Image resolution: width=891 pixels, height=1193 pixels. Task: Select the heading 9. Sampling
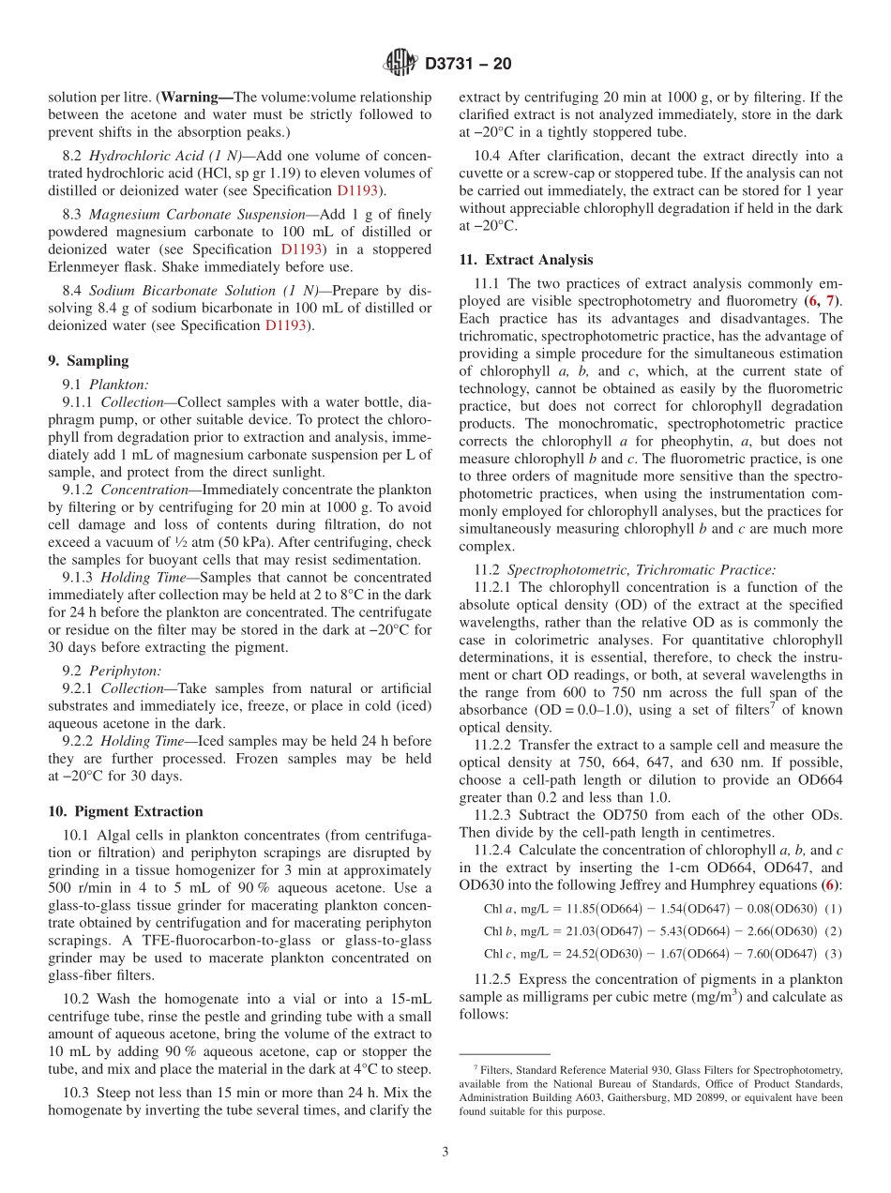(x=87, y=361)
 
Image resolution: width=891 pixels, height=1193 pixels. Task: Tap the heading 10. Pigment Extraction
(x=125, y=811)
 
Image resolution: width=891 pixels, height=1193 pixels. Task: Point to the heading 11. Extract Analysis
(x=525, y=260)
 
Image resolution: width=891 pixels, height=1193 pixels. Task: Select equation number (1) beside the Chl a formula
(x=834, y=909)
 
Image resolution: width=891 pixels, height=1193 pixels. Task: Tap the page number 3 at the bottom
(x=445, y=1152)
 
